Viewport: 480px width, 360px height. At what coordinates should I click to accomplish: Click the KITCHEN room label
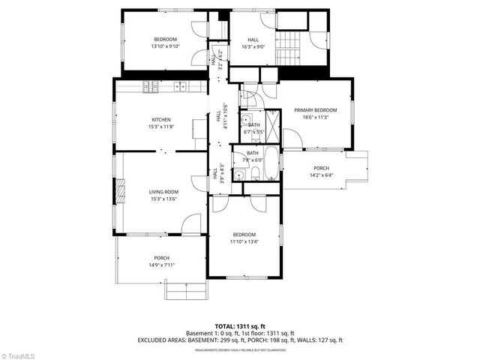(x=161, y=119)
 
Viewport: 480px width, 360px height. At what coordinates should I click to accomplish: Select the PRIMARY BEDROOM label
(x=315, y=109)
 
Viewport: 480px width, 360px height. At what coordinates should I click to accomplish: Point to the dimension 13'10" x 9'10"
(x=165, y=46)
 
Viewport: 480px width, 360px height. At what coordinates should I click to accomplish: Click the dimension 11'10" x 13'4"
(x=244, y=241)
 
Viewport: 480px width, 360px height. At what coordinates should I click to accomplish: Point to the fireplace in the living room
(x=118, y=192)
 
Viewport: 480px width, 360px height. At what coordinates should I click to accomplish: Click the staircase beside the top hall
(x=288, y=49)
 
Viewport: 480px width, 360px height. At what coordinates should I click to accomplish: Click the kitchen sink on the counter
(x=182, y=86)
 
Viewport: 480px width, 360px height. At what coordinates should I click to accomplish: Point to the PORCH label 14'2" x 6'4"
(x=321, y=172)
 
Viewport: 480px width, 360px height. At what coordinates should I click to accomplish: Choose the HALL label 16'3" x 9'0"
(x=253, y=43)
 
